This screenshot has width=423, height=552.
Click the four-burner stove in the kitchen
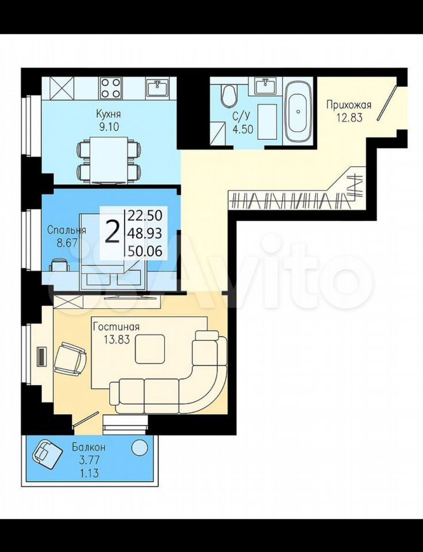pyautogui.click(x=110, y=87)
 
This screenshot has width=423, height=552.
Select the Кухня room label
pyautogui.click(x=109, y=114)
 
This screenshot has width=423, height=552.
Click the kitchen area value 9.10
pyautogui.click(x=109, y=126)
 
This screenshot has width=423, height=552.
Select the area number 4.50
pyautogui.click(x=243, y=129)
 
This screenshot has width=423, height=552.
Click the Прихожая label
pyautogui.click(x=349, y=105)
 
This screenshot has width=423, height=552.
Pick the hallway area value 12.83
pyautogui.click(x=349, y=117)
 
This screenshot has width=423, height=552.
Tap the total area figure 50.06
pyautogui.click(x=145, y=251)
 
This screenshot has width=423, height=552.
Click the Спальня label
pyautogui.click(x=67, y=231)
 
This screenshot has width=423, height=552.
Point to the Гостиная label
pyautogui.click(x=116, y=327)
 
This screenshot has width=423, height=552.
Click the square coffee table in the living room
pyautogui.click(x=150, y=349)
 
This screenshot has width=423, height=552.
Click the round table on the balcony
pyautogui.click(x=139, y=447)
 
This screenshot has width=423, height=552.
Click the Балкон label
pyautogui.click(x=89, y=447)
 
